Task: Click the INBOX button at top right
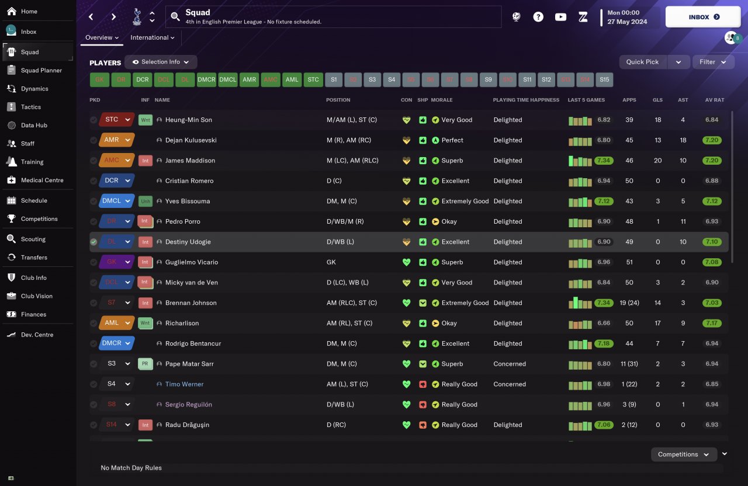coord(704,17)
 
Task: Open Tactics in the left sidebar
coord(31,107)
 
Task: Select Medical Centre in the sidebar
coord(42,180)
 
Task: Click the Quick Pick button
coord(642,62)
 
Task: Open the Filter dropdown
coord(713,62)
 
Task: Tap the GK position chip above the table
coord(99,79)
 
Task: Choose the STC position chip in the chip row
coord(313,79)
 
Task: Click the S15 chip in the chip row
coord(604,79)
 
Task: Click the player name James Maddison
coord(190,161)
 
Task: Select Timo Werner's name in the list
coord(184,384)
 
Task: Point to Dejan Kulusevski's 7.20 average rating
coord(712,140)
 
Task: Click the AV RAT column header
coord(714,100)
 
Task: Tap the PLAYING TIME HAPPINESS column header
coord(526,100)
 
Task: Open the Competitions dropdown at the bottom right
coord(684,454)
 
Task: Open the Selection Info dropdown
coord(161,62)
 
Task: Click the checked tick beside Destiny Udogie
coord(93,242)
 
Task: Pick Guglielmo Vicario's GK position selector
coord(117,262)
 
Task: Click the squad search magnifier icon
coord(175,17)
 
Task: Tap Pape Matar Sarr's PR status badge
coord(145,364)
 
